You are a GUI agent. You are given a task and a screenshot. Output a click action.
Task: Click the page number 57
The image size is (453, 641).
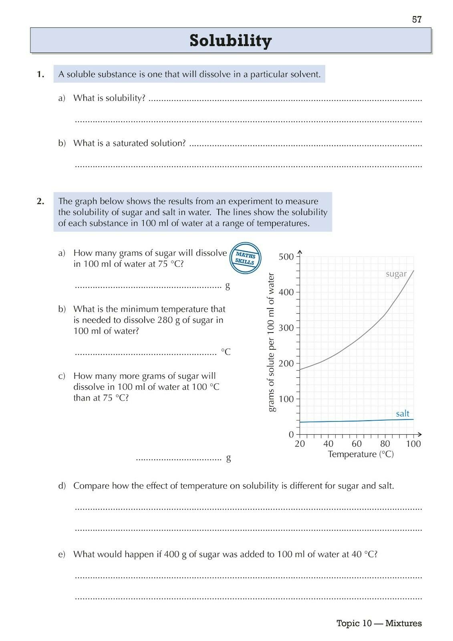click(417, 19)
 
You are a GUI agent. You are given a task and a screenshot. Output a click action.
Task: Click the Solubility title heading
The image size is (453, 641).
click(230, 40)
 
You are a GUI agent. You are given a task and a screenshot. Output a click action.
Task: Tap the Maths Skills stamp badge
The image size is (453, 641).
click(245, 258)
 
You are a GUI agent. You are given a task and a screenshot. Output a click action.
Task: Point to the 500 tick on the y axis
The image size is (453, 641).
click(286, 256)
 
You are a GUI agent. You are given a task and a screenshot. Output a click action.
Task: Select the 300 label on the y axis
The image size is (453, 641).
click(286, 328)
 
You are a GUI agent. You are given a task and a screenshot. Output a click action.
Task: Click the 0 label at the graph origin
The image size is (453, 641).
click(291, 435)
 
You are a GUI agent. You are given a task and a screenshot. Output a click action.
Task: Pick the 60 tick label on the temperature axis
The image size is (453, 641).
click(356, 444)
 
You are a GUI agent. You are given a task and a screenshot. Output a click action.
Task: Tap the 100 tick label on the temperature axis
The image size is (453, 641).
click(413, 444)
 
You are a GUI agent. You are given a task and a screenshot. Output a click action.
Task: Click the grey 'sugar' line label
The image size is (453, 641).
click(396, 274)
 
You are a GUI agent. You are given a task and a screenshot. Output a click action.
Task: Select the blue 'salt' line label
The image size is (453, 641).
click(403, 413)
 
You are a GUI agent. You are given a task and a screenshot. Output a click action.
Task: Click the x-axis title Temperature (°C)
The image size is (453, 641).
click(360, 454)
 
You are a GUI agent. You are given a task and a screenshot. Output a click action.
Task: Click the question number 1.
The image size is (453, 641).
click(40, 74)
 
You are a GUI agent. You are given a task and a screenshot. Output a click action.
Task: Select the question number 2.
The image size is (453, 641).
click(40, 201)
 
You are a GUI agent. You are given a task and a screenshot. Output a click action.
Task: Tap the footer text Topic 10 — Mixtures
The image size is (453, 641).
click(379, 623)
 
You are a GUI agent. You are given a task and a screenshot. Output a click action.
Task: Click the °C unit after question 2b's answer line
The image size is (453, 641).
click(226, 352)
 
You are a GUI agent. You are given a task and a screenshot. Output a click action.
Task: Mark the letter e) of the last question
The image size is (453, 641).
click(62, 554)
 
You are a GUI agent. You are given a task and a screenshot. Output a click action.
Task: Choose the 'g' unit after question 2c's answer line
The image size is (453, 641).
click(228, 458)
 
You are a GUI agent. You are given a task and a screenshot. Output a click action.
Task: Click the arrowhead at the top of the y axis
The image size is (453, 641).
click(300, 252)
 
